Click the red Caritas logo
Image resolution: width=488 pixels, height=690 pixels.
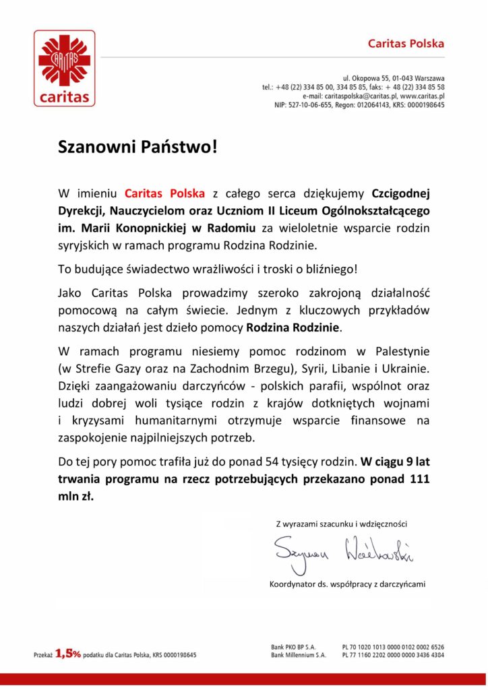coord(65,68)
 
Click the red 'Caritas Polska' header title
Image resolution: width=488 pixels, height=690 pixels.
coord(406,44)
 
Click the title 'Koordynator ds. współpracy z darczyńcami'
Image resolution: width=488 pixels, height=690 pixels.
coord(346,584)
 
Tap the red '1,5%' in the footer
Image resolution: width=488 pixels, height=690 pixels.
coord(68,653)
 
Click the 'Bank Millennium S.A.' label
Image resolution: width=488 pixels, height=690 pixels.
coord(299,655)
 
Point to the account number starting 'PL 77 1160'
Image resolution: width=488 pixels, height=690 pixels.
coord(393,655)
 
